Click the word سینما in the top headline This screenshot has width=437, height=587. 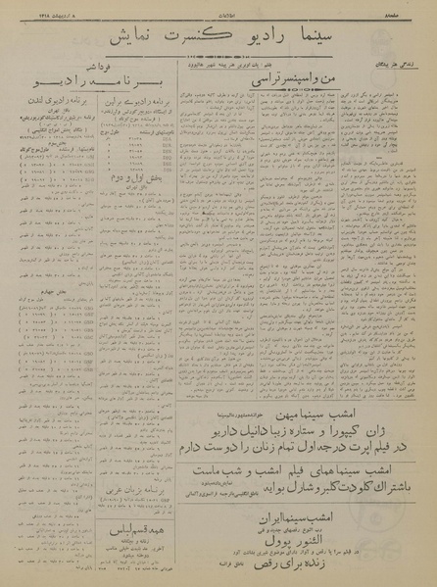tap(326, 41)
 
